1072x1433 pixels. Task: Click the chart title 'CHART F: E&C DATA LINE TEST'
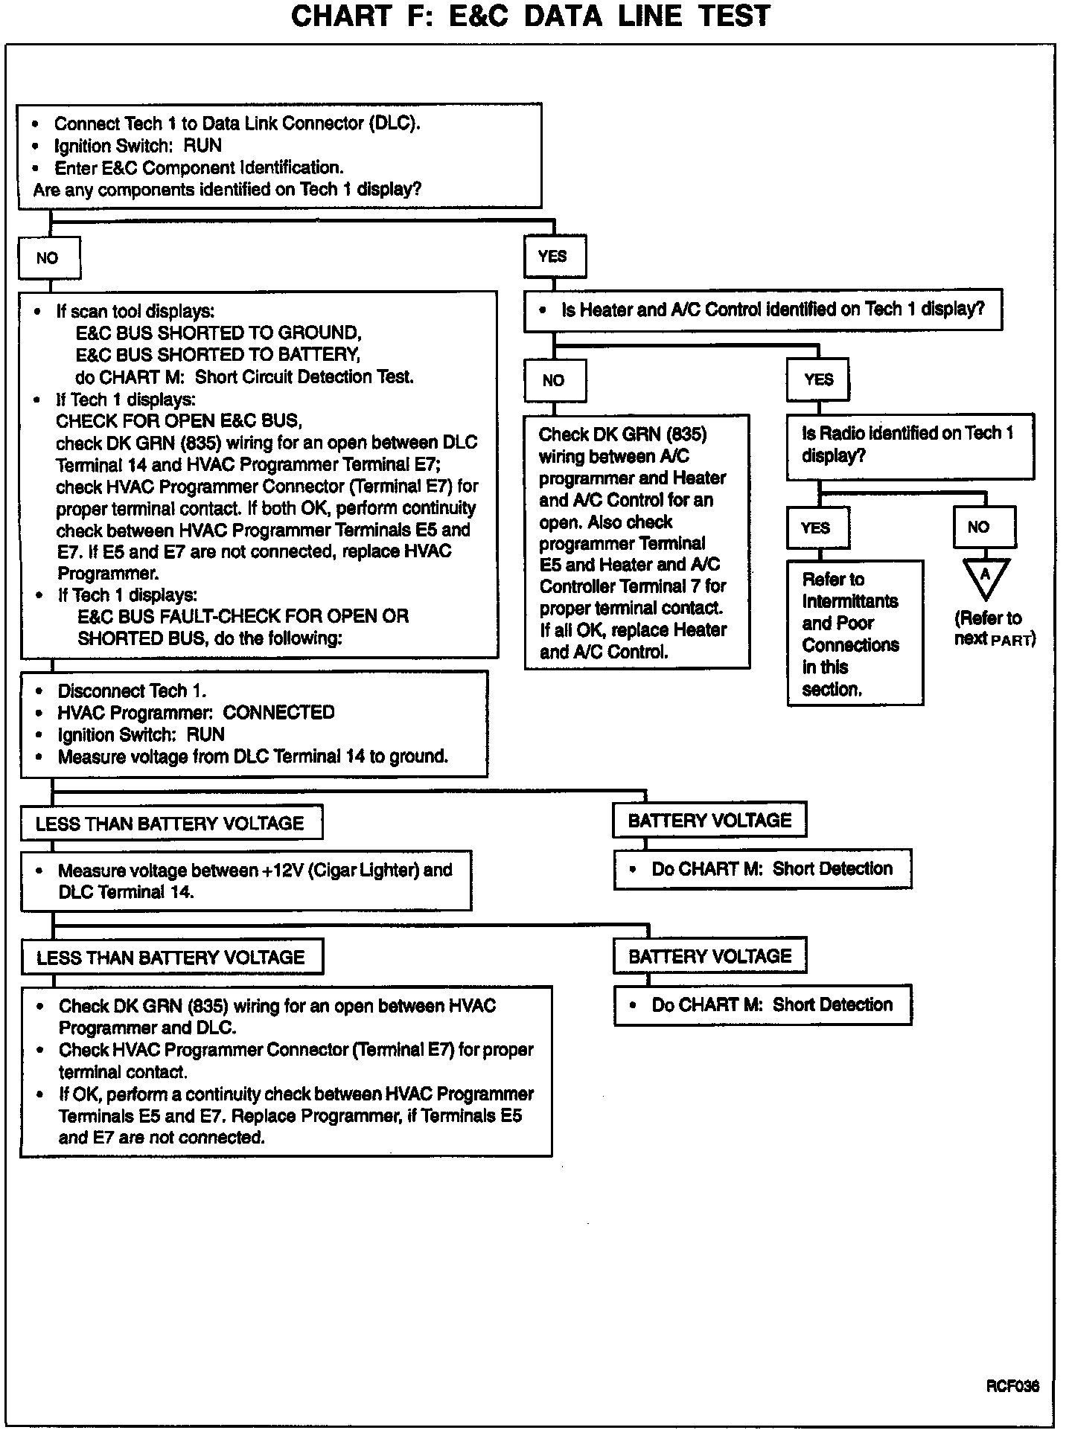[x=530, y=16]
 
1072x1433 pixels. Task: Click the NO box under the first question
[x=50, y=258]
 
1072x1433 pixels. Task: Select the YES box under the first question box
[x=554, y=257]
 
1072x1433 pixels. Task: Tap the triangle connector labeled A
[x=986, y=577]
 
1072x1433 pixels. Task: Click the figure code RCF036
[x=1012, y=1386]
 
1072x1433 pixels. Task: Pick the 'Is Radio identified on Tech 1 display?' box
[x=910, y=445]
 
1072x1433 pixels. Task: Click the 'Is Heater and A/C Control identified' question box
[x=763, y=310]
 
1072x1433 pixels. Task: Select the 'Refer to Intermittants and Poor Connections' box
[x=855, y=633]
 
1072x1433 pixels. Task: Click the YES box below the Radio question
[x=817, y=528]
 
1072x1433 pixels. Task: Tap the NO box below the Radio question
[x=984, y=528]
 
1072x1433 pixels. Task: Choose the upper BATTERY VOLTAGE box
[x=709, y=821]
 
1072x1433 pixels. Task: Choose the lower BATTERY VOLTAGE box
[x=709, y=957]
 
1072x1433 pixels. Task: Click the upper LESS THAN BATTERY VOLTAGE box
[x=171, y=824]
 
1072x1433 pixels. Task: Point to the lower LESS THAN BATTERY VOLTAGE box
[x=171, y=958]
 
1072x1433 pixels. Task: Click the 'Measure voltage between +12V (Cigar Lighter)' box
[x=246, y=881]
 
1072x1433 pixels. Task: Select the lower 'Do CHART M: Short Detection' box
[x=762, y=1005]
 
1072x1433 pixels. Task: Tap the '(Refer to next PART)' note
[x=994, y=629]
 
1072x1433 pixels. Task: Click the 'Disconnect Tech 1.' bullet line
[x=132, y=691]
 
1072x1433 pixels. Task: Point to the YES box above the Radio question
[x=818, y=380]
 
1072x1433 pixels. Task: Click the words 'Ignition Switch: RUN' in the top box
[x=138, y=146]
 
